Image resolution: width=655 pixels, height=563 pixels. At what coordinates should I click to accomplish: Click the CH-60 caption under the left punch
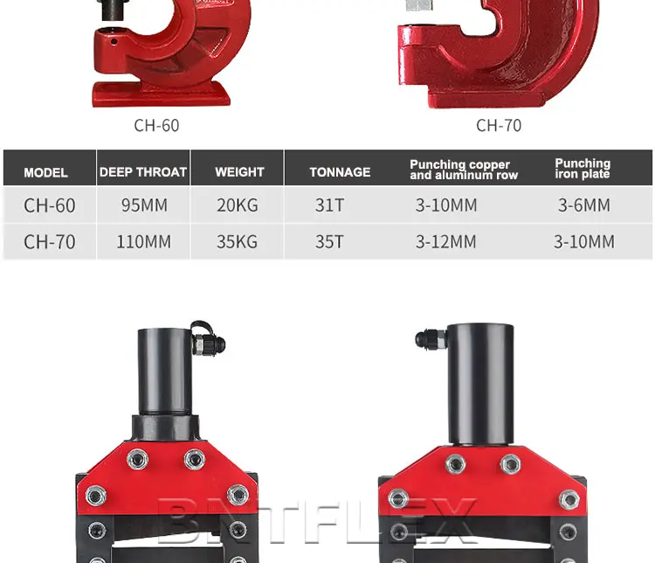(x=156, y=125)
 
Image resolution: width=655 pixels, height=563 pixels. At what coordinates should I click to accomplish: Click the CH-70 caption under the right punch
(x=499, y=125)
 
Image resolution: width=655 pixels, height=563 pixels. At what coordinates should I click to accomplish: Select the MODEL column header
(x=45, y=172)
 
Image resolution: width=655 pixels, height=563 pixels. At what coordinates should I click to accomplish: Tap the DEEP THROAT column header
(x=143, y=172)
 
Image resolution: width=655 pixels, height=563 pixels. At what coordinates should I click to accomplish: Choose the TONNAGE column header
(x=340, y=172)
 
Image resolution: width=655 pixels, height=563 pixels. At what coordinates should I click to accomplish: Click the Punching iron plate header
(x=583, y=169)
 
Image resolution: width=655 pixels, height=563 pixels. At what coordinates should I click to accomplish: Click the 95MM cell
(x=144, y=205)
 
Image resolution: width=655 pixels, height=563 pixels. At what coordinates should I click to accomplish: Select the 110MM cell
(x=144, y=241)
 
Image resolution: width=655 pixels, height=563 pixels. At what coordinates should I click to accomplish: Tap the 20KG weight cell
(x=238, y=205)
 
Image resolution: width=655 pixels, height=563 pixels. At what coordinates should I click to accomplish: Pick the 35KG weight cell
(x=238, y=241)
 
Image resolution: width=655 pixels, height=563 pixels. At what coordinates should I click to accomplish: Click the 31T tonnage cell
(x=329, y=205)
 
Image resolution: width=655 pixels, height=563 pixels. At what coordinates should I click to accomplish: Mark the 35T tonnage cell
(x=329, y=241)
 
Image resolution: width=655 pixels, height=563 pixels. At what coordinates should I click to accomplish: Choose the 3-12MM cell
(x=446, y=241)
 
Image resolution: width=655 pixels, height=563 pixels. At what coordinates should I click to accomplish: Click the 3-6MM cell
(x=584, y=205)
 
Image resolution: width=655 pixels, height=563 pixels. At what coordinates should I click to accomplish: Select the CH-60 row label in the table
(x=50, y=205)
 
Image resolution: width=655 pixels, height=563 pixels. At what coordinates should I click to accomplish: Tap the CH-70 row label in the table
(x=50, y=241)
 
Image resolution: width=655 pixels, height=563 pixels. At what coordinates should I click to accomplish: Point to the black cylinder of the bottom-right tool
(x=480, y=372)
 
